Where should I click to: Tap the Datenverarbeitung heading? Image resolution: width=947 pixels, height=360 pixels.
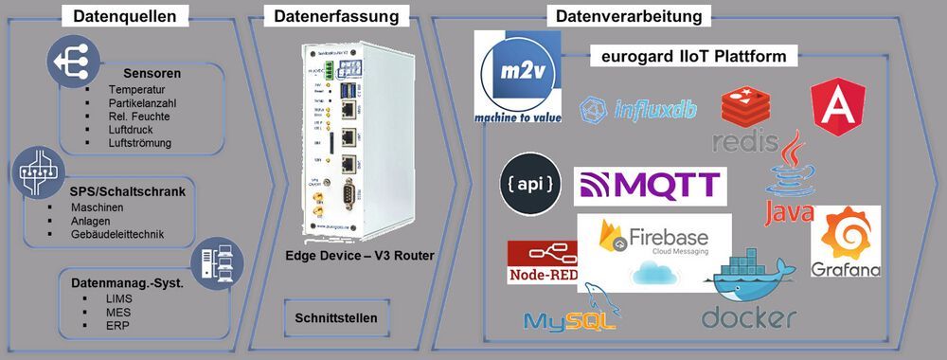[628, 15]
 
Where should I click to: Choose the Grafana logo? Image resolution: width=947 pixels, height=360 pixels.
[846, 243]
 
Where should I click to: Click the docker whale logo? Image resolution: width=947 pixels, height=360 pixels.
[748, 292]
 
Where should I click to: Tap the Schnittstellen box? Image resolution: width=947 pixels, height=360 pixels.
[335, 317]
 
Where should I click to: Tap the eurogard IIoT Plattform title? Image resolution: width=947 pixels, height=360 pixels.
[693, 57]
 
